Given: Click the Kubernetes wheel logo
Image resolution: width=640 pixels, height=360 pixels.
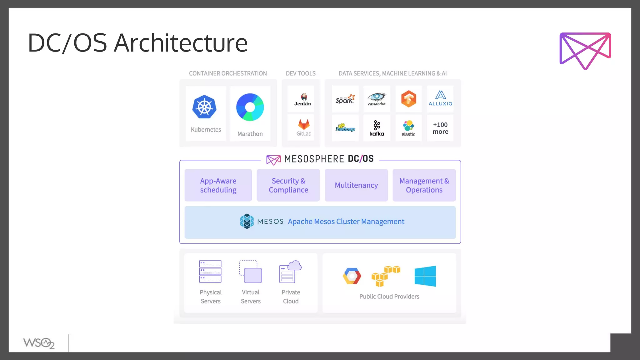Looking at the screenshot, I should pos(204,107).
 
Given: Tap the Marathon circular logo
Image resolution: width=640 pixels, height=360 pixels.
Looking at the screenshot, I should pos(250,107).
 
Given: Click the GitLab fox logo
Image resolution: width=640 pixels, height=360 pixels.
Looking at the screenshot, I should pos(303,124).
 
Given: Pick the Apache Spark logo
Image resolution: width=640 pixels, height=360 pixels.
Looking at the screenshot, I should pos(345,99).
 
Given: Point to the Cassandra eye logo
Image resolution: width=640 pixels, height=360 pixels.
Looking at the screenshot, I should pos(377,97).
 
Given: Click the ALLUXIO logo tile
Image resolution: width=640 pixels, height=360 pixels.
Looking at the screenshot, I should pos(440,99).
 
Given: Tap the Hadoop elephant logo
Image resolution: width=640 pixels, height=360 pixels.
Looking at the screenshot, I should pos(345,127).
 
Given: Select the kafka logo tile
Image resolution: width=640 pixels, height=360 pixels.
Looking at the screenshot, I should pos(377,128).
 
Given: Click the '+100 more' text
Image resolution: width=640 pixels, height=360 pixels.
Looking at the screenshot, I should pos(440,128).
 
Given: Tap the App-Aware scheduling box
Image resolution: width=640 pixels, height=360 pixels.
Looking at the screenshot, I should pos(218,185).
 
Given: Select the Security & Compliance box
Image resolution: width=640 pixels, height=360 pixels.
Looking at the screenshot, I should pos(288,185).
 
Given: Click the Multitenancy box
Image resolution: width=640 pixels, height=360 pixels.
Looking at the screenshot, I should pos(356,185).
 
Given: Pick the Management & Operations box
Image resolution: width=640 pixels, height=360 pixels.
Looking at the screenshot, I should pos(424,185).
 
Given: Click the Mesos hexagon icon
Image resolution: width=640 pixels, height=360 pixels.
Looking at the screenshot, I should pos(247,221).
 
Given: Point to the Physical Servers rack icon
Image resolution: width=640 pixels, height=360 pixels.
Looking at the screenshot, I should pos(210,271).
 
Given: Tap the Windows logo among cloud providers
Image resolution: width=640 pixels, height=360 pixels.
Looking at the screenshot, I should pos(425,276).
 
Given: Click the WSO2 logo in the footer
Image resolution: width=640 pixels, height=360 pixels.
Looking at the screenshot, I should pos(39,343).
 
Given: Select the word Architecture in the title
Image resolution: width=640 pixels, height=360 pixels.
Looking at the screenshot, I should pos(181,43).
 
